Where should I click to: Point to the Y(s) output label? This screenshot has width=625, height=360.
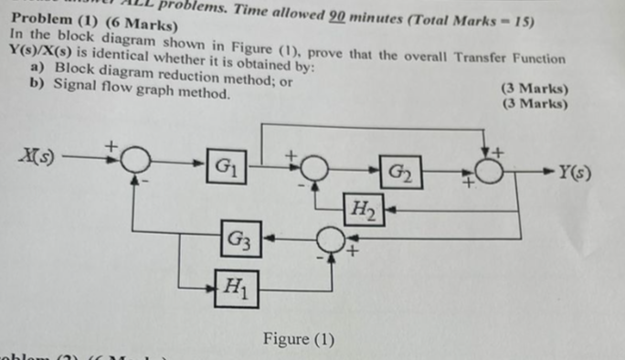(577, 168)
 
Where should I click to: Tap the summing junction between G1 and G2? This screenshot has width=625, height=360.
(314, 167)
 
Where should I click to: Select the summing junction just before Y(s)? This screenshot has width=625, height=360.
(490, 170)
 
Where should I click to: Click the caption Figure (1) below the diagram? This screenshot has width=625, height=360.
(298, 340)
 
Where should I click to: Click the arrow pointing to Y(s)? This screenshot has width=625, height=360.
(547, 169)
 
